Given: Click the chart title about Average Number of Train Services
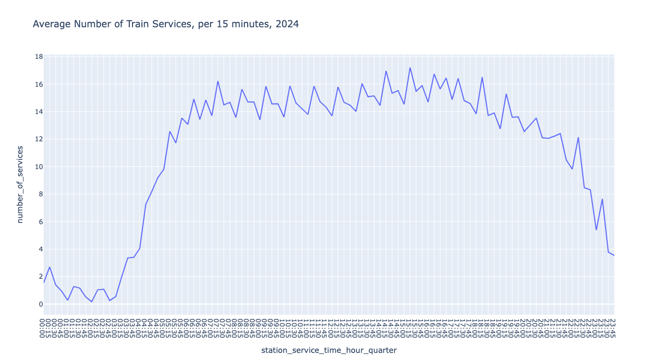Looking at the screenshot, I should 165,24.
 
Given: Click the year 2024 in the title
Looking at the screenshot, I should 288,24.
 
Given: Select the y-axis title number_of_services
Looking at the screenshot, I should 20,184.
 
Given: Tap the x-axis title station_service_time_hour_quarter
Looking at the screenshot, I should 329,350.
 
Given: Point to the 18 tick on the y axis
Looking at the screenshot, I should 39,57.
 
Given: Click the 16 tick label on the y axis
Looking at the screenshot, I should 39,85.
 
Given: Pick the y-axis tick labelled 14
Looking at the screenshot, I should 39,112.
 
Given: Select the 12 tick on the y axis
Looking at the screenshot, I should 39,139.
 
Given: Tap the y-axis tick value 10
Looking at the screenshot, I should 39,167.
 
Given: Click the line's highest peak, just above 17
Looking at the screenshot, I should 410,68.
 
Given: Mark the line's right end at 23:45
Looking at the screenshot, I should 614,255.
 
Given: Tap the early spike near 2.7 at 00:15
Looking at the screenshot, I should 50,267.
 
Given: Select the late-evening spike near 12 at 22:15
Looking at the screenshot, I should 578,137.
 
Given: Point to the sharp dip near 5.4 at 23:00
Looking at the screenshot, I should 596,230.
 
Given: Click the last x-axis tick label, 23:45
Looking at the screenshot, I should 612,328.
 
